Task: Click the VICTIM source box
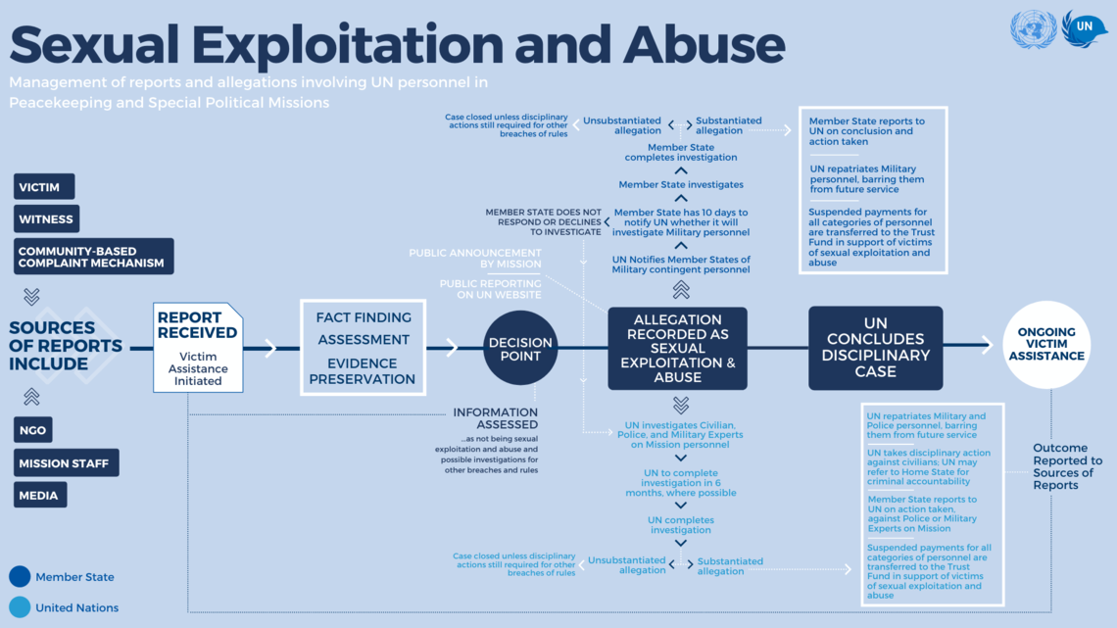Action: coord(43,187)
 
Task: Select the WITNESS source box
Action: coord(46,219)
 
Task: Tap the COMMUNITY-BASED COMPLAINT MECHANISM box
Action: coord(93,257)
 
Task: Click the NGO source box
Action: coord(33,430)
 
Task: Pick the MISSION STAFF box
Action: coord(66,463)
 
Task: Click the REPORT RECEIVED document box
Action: coord(198,347)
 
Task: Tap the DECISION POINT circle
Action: coord(520,348)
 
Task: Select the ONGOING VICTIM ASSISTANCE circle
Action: coord(1046,345)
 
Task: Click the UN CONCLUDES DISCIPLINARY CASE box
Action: coord(875,348)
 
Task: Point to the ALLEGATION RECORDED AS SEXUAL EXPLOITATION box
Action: coord(677,348)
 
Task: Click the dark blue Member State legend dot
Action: coord(20,576)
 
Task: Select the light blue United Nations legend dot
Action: coord(20,607)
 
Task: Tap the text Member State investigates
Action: coord(681,184)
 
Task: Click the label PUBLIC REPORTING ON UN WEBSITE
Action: coord(490,289)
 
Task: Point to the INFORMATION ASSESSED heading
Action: coord(495,418)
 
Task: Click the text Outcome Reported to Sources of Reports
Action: coord(1067,466)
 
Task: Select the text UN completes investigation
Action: coord(681,525)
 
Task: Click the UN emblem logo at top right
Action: coord(1033,29)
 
